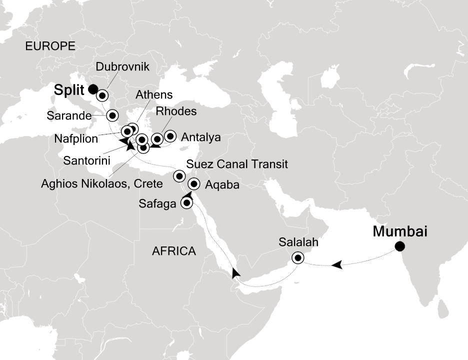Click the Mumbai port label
pyautogui.click(x=400, y=231)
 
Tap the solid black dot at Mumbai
pyautogui.click(x=399, y=246)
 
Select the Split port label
pyautogui.click(x=70, y=89)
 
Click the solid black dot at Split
pyautogui.click(x=92, y=89)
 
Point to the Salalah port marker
pyautogui.click(x=298, y=258)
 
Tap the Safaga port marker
pyautogui.click(x=187, y=202)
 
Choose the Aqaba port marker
pyautogui.click(x=194, y=184)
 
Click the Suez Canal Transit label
pyautogui.click(x=236, y=164)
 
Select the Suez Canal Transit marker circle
pyautogui.click(x=179, y=175)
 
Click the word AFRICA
pyautogui.click(x=173, y=251)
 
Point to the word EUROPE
pyautogui.click(x=50, y=46)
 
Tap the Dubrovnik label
pyautogui.click(x=122, y=67)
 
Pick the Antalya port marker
pyautogui.click(x=170, y=135)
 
